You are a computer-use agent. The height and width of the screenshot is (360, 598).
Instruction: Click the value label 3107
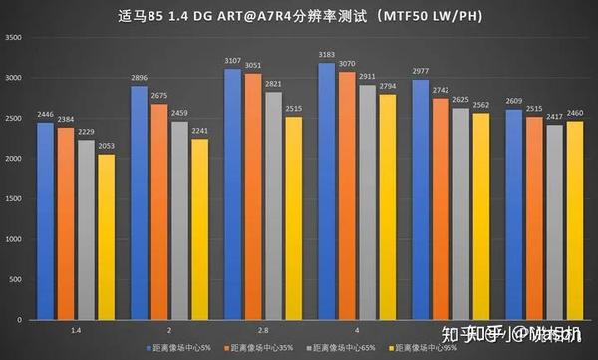[x=232, y=61]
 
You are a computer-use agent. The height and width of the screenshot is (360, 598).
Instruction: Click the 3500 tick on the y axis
[x=14, y=37]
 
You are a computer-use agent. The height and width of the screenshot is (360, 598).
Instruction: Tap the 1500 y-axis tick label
[x=14, y=199]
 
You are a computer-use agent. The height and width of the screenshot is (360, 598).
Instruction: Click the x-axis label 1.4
[x=76, y=328]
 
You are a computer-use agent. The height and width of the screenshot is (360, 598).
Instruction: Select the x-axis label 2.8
[x=263, y=328]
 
